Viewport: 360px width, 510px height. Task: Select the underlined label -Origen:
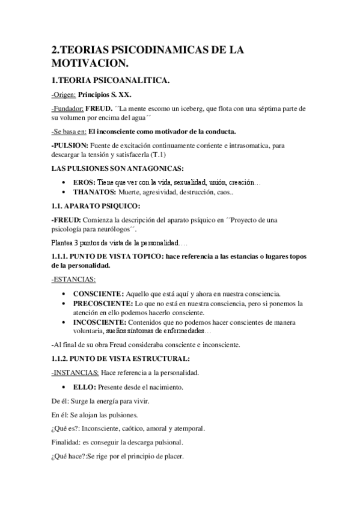click(65, 94)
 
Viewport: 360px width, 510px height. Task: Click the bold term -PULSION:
click(69, 146)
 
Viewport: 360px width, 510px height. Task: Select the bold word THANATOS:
click(94, 192)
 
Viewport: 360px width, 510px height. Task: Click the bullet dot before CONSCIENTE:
click(64, 293)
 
